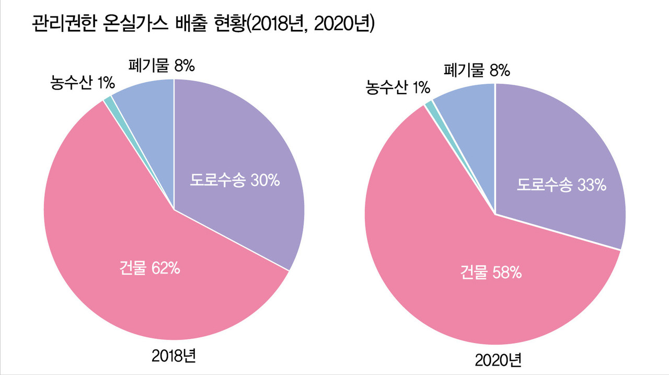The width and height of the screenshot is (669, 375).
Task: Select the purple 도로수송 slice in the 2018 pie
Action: (x=240, y=146)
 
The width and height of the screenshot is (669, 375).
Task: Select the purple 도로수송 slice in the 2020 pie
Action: (x=564, y=152)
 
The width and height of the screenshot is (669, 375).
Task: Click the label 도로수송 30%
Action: (x=235, y=181)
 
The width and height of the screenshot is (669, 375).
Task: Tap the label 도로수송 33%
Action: (x=561, y=185)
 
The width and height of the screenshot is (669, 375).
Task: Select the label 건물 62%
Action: (x=150, y=268)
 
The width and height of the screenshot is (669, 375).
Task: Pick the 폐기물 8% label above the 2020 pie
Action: (x=476, y=70)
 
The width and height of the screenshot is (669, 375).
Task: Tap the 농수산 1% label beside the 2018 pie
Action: (x=83, y=82)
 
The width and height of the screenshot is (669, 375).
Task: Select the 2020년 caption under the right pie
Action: (x=498, y=360)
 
